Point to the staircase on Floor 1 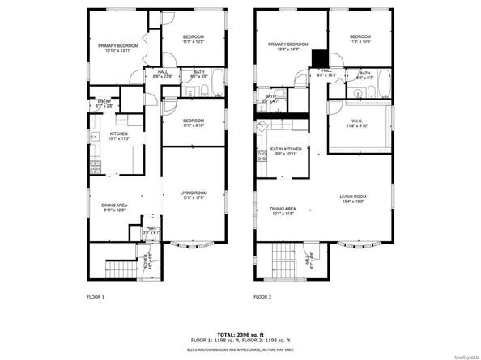pyautogui.click(x=120, y=267)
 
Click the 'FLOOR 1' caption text pyautogui.click(x=96, y=297)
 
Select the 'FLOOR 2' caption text pyautogui.click(x=262, y=297)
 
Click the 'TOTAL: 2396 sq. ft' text pyautogui.click(x=240, y=333)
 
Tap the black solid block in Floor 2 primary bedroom pyautogui.click(x=320, y=57)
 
